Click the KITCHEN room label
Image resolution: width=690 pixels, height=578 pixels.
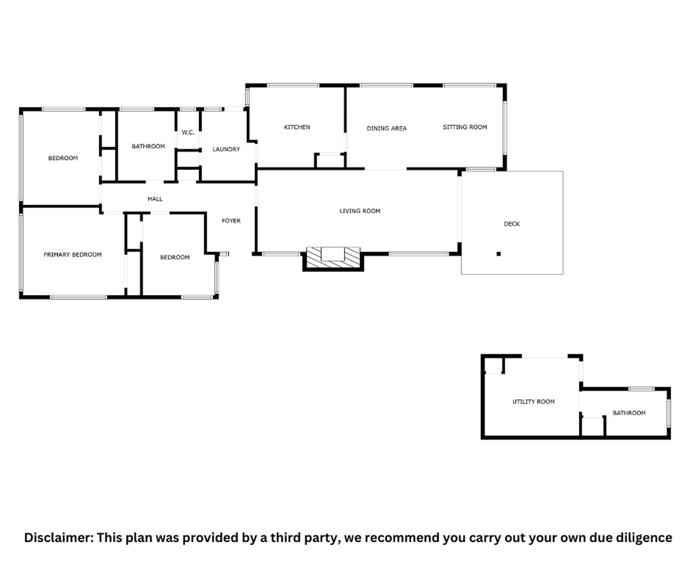pos(297,127)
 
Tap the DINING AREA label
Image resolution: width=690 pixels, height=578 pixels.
pos(387,128)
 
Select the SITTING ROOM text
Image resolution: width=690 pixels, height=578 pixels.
pos(465,127)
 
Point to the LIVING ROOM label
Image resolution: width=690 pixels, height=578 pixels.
pos(360,211)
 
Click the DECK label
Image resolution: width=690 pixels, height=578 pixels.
pos(512,224)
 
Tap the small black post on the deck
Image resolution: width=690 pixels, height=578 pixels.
pos(498,254)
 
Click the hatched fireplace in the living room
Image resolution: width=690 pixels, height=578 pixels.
pos(333,257)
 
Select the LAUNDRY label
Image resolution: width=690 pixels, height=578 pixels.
pos(226,149)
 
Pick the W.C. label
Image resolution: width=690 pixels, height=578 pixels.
pos(188,133)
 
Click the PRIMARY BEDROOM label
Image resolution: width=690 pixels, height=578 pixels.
pos(73,255)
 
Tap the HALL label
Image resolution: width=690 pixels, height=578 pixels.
pos(155,199)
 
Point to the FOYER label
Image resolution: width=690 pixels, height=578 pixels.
pos(231,221)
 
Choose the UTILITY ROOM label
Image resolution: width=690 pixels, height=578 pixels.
pos(533,402)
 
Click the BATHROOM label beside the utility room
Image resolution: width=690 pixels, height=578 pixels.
pos(629,413)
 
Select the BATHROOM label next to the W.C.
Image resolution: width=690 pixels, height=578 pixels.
pos(148,146)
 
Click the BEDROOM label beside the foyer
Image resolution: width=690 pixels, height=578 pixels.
pos(175,257)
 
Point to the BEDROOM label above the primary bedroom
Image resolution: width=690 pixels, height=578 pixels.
pos(63,158)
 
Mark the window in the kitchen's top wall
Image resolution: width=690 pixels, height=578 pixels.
pos(293,85)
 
